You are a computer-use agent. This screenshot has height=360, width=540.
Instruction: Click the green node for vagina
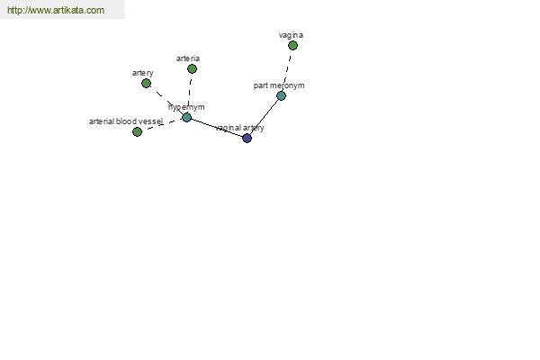pyautogui.click(x=292, y=46)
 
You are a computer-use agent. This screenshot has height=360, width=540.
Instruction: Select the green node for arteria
pyautogui.click(x=193, y=69)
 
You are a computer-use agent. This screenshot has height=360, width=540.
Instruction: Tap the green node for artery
pyautogui.click(x=146, y=83)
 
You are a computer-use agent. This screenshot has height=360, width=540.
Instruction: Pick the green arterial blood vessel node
pyautogui.click(x=137, y=131)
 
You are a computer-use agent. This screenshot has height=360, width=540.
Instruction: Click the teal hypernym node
pyautogui.click(x=186, y=118)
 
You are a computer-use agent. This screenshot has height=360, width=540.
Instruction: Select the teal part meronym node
pyautogui.click(x=281, y=95)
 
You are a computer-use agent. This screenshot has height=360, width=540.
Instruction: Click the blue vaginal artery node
pyautogui.click(x=247, y=138)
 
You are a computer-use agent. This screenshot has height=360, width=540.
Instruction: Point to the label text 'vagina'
pyautogui.click(x=291, y=35)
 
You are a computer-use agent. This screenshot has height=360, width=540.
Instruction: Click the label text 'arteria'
pyautogui.click(x=188, y=58)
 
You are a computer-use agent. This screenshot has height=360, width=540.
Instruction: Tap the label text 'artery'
pyautogui.click(x=143, y=73)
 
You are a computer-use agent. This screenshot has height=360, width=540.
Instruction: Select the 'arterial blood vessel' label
pyautogui.click(x=126, y=121)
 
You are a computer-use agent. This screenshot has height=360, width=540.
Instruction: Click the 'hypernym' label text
pyautogui.click(x=186, y=107)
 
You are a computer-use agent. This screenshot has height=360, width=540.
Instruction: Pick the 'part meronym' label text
pyautogui.click(x=279, y=85)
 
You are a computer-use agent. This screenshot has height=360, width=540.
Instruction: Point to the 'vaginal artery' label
pyautogui.click(x=239, y=128)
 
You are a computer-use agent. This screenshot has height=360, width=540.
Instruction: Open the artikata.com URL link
pyautogui.click(x=56, y=10)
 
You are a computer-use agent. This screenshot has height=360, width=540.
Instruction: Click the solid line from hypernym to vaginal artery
pyautogui.click(x=217, y=128)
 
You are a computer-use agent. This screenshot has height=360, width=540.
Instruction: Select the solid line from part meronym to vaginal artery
pyautogui.click(x=264, y=117)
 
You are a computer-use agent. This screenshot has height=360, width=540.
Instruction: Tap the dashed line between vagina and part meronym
pyautogui.click(x=287, y=70)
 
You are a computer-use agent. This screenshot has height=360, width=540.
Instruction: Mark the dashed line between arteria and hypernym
pyautogui.click(x=190, y=93)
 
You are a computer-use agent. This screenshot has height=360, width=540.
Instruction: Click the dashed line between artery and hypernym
pyautogui.click(x=166, y=100)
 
